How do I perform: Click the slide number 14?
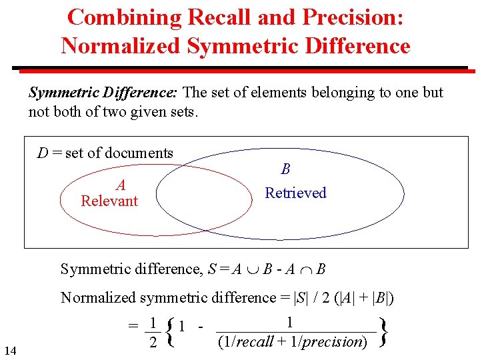pyautogui.click(x=10, y=350)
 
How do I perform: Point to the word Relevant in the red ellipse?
pyautogui.click(x=109, y=201)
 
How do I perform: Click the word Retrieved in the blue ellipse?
pyautogui.click(x=295, y=193)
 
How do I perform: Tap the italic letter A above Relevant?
pyautogui.click(x=121, y=185)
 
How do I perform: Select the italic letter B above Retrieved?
pyautogui.click(x=285, y=169)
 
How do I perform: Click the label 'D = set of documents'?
pyautogui.click(x=105, y=153)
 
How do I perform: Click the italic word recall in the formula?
pyautogui.click(x=255, y=342)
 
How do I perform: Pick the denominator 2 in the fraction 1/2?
pyautogui.click(x=153, y=342)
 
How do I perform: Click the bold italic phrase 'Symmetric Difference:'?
pyautogui.click(x=103, y=92)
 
